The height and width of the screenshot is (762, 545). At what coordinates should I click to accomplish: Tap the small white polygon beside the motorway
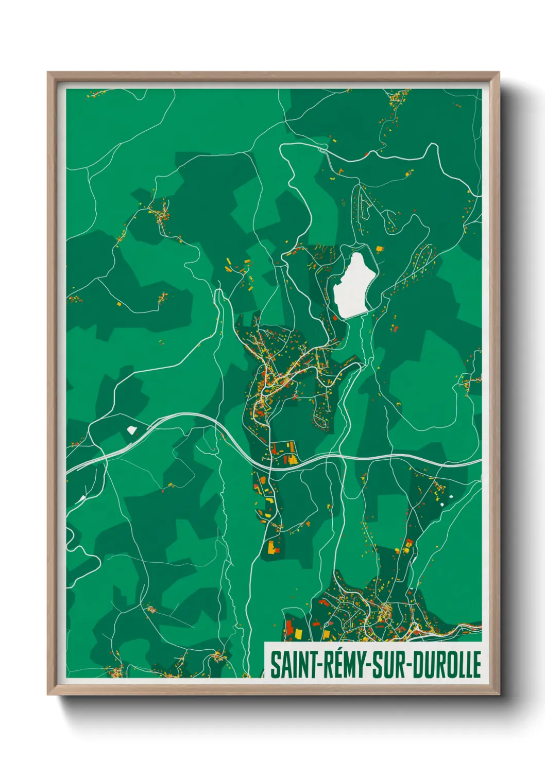pos(132,429)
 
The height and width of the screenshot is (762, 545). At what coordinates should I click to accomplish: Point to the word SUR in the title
pos(388,665)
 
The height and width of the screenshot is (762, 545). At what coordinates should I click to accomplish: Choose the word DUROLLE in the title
pos(448,665)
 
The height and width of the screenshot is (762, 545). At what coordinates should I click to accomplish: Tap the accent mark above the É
pos(335,650)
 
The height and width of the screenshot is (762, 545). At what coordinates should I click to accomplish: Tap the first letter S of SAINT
pos(275,665)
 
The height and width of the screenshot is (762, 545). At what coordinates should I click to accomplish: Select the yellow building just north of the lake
pos(380,249)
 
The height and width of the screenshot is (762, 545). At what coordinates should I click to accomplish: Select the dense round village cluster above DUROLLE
pos(385,613)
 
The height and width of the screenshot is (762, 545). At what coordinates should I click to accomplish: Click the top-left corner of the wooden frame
pos(48,73)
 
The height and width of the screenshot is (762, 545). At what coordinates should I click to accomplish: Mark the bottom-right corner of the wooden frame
pos(499,694)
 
